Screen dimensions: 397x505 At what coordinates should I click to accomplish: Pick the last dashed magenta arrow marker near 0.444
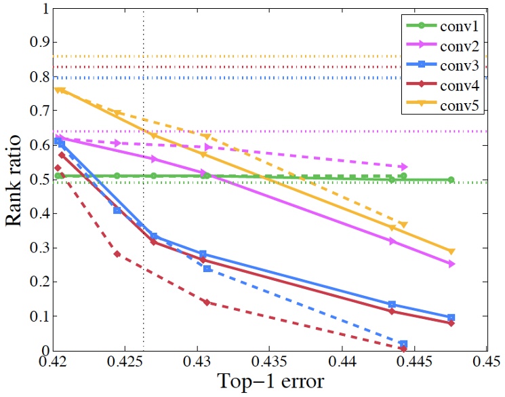[404, 166]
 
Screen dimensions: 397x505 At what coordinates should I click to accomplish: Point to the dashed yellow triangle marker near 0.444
[403, 225]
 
